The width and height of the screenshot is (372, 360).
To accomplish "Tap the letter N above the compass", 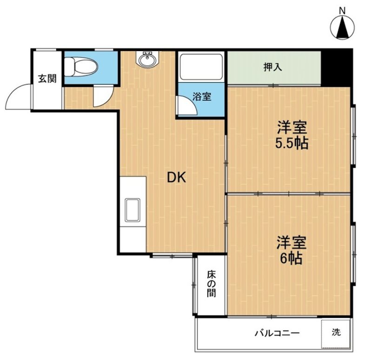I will (x=343, y=10).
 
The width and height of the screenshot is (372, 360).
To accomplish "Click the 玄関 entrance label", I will (x=46, y=78).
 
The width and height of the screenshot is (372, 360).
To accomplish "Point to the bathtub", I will (x=201, y=67).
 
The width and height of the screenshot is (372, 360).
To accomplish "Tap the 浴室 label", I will (x=202, y=97).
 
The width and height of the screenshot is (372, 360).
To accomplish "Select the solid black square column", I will (x=336, y=67).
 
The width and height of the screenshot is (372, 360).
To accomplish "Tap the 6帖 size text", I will (x=292, y=258).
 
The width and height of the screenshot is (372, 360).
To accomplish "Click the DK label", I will (x=177, y=177).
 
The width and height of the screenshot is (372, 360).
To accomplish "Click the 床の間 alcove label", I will (x=211, y=283).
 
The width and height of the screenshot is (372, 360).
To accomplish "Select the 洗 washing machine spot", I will (x=336, y=333).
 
